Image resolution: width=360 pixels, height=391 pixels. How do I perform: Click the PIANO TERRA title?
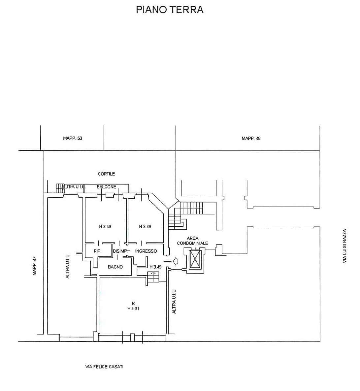(x=170, y=10)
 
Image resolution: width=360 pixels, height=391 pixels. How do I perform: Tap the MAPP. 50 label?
(x=72, y=138)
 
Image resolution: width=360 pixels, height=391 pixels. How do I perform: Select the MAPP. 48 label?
(x=251, y=139)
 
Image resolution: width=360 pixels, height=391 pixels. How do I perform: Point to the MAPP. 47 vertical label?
(x=35, y=266)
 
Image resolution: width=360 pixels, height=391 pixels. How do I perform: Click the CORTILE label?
(x=106, y=174)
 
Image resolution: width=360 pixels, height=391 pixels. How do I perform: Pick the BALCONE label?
(x=106, y=187)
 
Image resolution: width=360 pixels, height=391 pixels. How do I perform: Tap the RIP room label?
(x=97, y=251)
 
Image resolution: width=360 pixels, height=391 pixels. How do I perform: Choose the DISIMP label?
(x=120, y=251)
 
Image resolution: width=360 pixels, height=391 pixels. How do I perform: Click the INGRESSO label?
(x=146, y=251)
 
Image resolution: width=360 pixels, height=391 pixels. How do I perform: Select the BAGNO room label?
(x=115, y=267)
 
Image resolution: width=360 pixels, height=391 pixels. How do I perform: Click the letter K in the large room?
(x=133, y=304)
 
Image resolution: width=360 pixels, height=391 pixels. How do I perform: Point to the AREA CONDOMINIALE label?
(x=192, y=241)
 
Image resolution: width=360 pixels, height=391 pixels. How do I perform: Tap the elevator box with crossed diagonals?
(x=195, y=259)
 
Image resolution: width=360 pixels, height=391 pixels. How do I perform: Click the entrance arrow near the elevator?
(x=176, y=261)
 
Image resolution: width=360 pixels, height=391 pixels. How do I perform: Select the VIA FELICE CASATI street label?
(x=104, y=367)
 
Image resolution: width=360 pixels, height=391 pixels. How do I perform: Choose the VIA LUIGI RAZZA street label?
(x=345, y=246)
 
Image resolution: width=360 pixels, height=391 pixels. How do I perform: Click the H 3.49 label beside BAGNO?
(x=155, y=267)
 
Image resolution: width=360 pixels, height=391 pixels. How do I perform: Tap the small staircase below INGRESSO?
(x=153, y=277)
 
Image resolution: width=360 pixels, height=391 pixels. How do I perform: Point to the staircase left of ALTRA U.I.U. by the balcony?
(x=60, y=188)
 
